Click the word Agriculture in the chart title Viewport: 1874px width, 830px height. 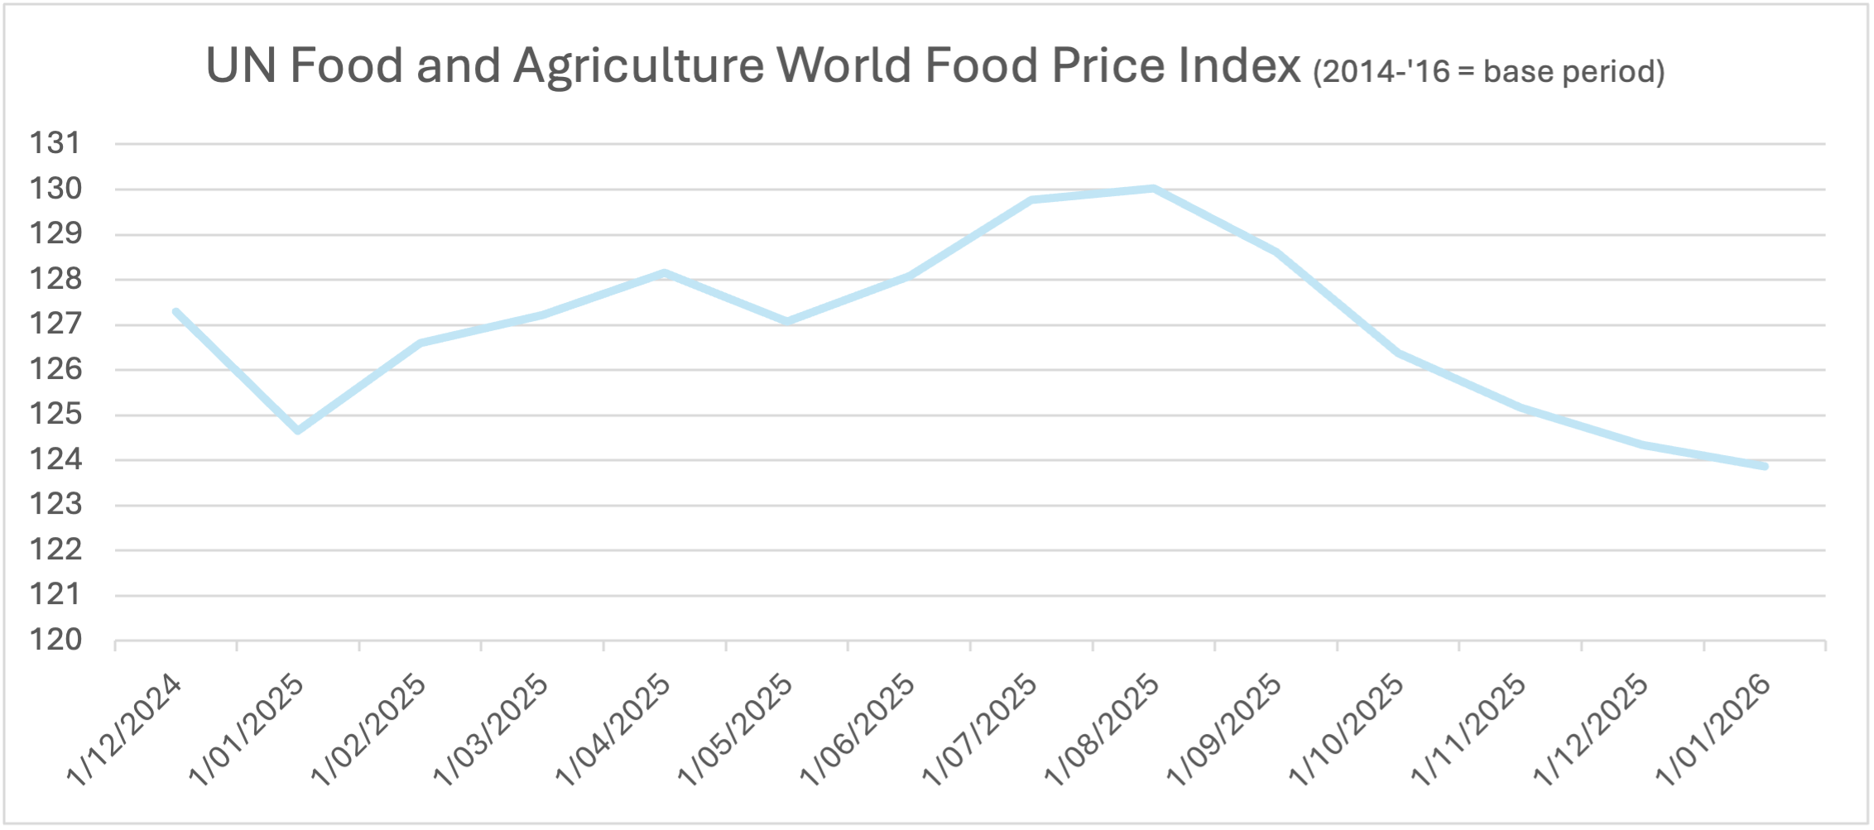coord(638,66)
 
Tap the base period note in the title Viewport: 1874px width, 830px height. coord(1488,72)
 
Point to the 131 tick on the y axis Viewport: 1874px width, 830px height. coord(55,144)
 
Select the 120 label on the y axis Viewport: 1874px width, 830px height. coord(55,640)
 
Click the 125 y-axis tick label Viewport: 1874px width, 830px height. coord(55,415)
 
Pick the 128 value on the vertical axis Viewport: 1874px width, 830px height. coord(55,280)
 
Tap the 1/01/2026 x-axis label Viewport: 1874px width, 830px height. coord(1713,730)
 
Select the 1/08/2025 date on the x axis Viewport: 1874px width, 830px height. coord(1103,730)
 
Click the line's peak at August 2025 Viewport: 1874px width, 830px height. coord(1153,189)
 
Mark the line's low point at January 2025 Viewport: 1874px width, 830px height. coord(298,430)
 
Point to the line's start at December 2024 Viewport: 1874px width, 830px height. coord(176,312)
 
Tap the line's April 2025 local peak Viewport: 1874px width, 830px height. coord(665,272)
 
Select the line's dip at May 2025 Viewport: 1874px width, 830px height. coord(786,321)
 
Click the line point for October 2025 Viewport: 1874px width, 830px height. coord(1398,353)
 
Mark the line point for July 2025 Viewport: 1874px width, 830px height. coord(1031,199)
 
